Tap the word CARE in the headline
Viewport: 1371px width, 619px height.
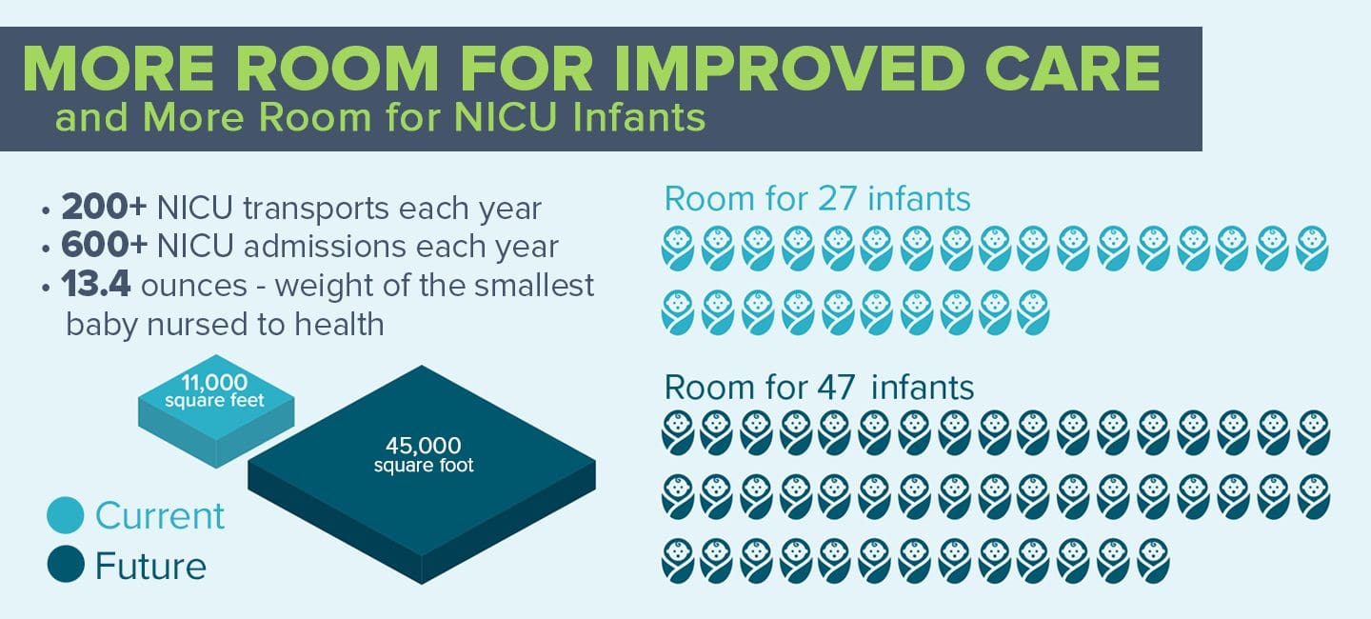1073,68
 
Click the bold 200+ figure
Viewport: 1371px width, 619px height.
104,207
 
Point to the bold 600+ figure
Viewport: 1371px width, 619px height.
104,245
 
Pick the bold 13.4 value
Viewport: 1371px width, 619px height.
95,284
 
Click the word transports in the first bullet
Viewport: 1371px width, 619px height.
316,210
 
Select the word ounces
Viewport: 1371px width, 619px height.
194,286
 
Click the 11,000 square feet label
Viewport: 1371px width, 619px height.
214,390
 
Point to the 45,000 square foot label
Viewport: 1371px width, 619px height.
424,454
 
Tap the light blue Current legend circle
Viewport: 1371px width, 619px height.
66,515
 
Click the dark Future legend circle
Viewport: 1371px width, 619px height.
66,564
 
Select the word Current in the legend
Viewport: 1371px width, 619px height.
160,515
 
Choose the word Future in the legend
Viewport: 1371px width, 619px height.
150,565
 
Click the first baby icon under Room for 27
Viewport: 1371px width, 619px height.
678,249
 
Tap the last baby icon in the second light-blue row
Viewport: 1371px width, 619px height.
1034,313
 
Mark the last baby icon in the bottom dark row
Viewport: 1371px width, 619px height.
1154,561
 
